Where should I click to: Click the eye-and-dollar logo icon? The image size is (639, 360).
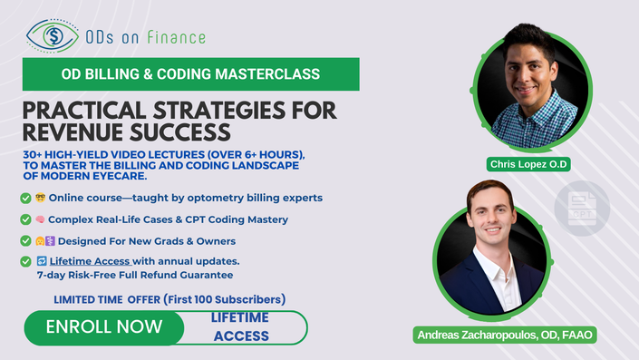pyautogui.click(x=53, y=36)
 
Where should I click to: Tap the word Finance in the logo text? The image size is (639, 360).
pyautogui.click(x=176, y=37)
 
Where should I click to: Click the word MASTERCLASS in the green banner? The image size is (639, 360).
pyautogui.click(x=267, y=73)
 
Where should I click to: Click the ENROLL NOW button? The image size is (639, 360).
pyautogui.click(x=104, y=327)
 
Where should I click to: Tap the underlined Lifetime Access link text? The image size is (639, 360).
pyautogui.click(x=90, y=261)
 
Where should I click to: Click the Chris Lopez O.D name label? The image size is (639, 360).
pyautogui.click(x=528, y=164)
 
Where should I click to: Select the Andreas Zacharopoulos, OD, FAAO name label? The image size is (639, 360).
pyautogui.click(x=505, y=335)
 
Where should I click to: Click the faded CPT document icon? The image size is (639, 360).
pyautogui.click(x=582, y=209)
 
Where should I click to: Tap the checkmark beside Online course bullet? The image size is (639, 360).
pyautogui.click(x=25, y=199)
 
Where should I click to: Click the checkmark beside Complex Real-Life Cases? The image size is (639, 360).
pyautogui.click(x=25, y=219)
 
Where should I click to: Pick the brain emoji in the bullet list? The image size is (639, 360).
pyautogui.click(x=40, y=219)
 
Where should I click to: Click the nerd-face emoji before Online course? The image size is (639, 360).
pyautogui.click(x=41, y=198)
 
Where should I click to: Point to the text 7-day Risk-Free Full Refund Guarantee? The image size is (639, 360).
pyautogui.click(x=135, y=275)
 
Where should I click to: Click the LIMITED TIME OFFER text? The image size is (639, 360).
pyautogui.click(x=107, y=299)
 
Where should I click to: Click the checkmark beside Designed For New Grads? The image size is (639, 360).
pyautogui.click(x=25, y=241)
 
